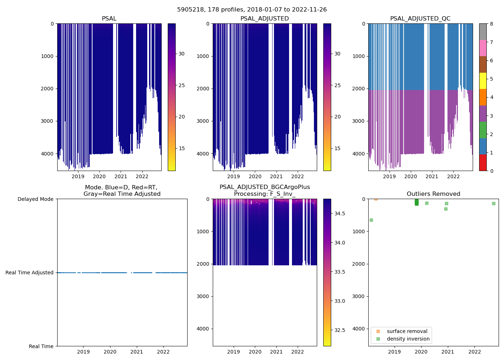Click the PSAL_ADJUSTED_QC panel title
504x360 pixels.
tap(420, 19)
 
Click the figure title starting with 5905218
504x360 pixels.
tap(252, 10)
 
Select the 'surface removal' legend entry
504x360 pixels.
tap(407, 331)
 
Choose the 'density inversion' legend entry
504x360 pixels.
tap(408, 339)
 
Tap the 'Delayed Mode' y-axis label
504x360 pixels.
tap(35, 199)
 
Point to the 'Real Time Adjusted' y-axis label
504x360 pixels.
tap(30, 273)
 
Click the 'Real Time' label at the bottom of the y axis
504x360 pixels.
tap(41, 346)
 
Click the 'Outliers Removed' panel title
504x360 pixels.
tap(433, 194)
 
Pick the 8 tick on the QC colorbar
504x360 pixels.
tap(491, 24)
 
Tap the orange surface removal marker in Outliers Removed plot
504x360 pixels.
tap(376, 199)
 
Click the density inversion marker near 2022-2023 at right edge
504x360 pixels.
tap(494, 203)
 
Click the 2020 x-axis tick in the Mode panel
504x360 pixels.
tap(110, 352)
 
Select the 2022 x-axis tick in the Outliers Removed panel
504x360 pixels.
tap(474, 352)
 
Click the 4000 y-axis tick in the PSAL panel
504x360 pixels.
tap(47, 154)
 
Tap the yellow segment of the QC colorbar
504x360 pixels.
tap(483, 81)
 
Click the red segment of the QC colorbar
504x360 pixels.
tap(483, 163)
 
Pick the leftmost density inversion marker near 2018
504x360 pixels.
tap(371, 220)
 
